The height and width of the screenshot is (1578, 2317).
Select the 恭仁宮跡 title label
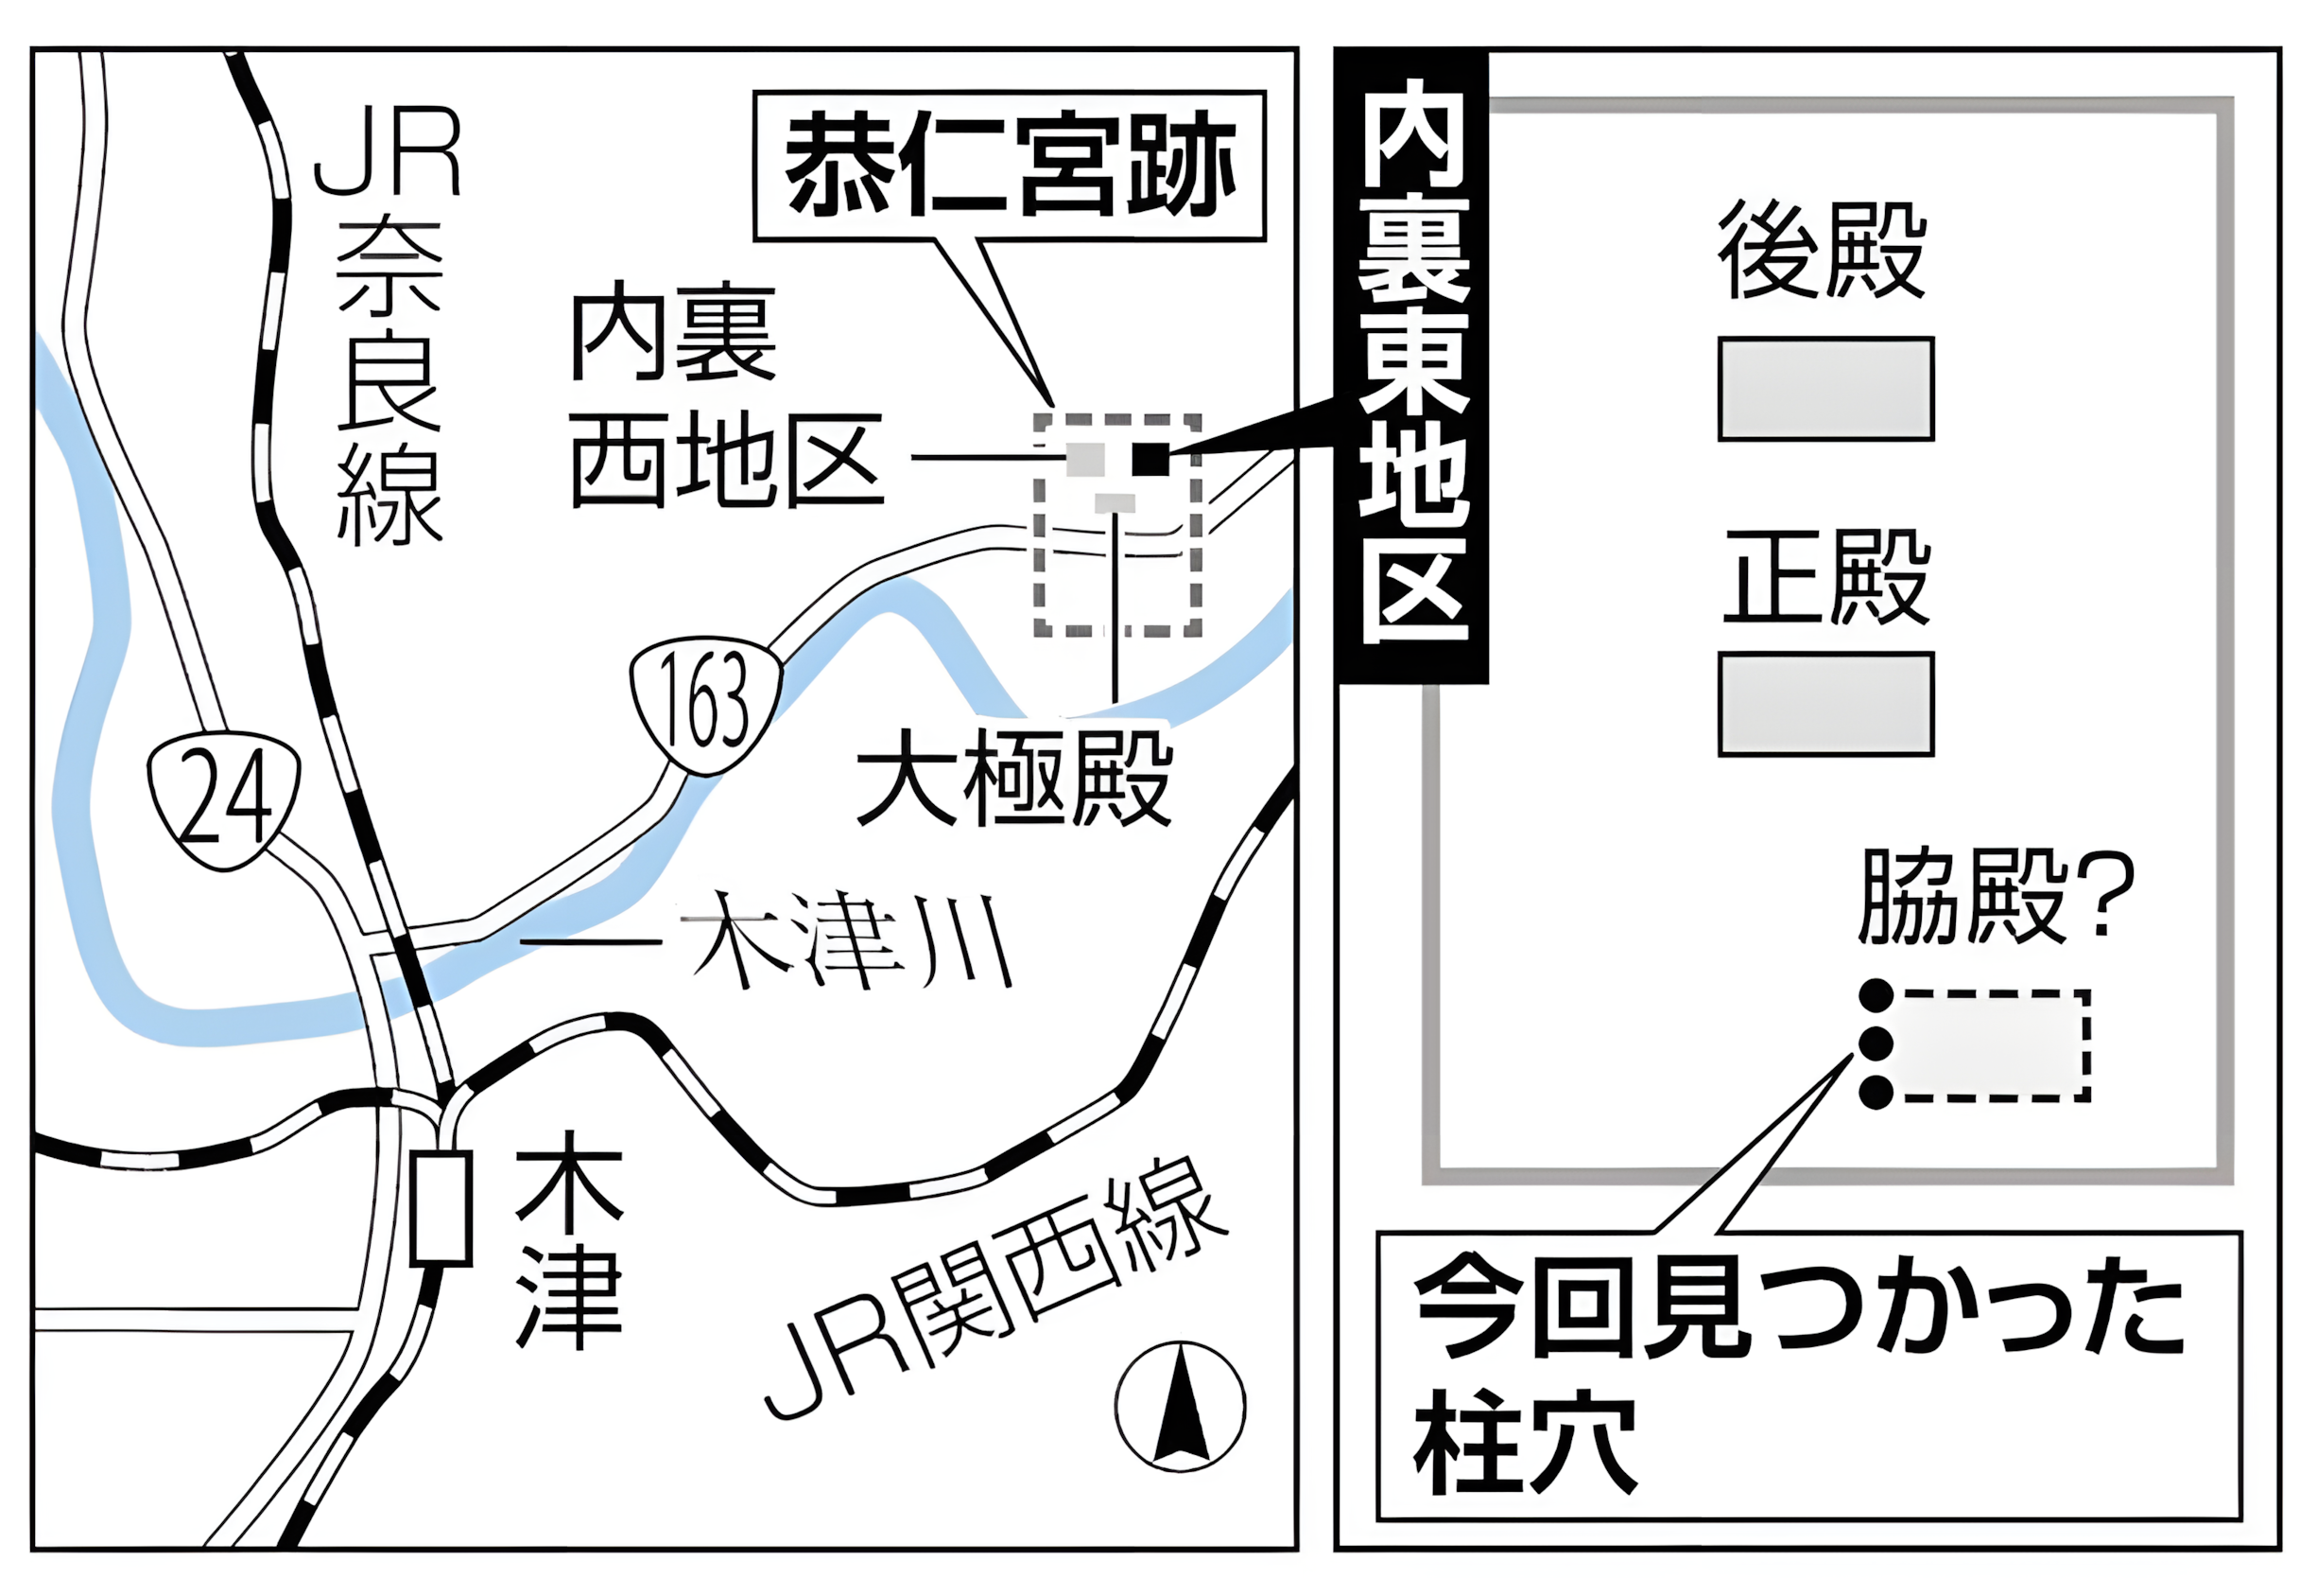[1009, 166]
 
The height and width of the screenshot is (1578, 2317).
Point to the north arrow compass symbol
[1181, 1406]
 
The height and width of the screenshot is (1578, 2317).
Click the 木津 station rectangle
[441, 1208]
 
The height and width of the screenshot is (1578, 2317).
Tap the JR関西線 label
[997, 1287]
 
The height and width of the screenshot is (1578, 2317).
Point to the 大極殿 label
[1014, 779]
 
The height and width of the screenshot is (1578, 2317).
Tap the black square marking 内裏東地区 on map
[1150, 459]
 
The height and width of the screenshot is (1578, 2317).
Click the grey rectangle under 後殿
[1825, 389]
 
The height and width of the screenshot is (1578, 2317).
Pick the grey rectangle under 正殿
[1825, 704]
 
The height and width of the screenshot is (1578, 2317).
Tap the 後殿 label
[1822, 251]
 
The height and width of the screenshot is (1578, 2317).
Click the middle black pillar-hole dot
[1876, 1043]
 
